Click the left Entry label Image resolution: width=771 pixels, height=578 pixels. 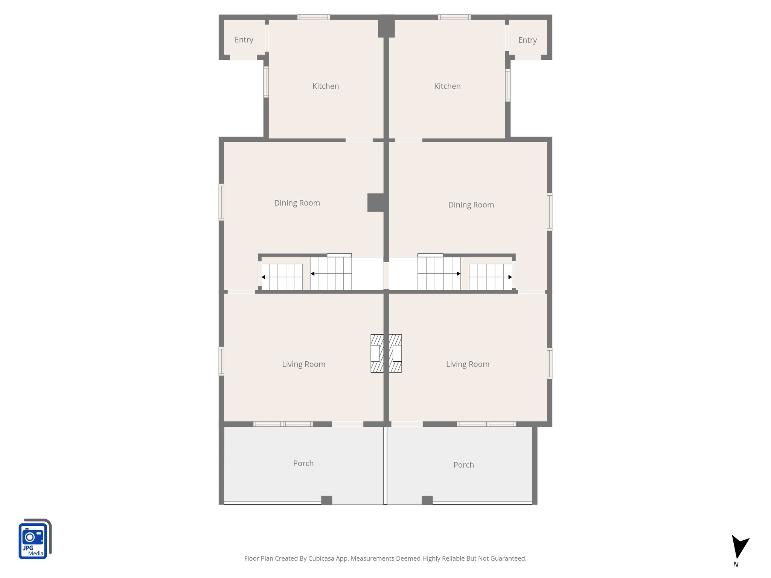click(x=244, y=40)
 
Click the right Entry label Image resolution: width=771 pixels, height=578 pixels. click(x=527, y=40)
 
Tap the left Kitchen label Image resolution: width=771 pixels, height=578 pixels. click(x=325, y=86)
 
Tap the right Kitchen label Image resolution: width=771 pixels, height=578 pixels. click(x=447, y=86)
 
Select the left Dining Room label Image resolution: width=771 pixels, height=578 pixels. click(x=297, y=203)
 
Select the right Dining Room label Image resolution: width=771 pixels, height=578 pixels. click(x=471, y=205)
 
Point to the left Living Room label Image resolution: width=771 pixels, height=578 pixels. click(x=303, y=364)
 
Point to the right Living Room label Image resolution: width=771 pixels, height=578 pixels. click(x=468, y=364)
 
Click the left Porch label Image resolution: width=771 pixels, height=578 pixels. click(x=303, y=463)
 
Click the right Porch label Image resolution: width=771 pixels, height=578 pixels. click(x=463, y=465)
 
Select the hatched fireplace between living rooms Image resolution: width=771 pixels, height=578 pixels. click(x=386, y=353)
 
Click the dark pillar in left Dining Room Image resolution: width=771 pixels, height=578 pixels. click(x=375, y=202)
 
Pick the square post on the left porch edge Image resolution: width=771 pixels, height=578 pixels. click(x=326, y=500)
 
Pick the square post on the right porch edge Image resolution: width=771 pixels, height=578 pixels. click(x=427, y=500)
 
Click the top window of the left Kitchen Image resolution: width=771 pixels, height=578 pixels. click(x=314, y=17)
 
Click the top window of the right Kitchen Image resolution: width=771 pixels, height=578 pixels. click(x=454, y=17)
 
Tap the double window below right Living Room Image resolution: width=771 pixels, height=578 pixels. click(x=486, y=424)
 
